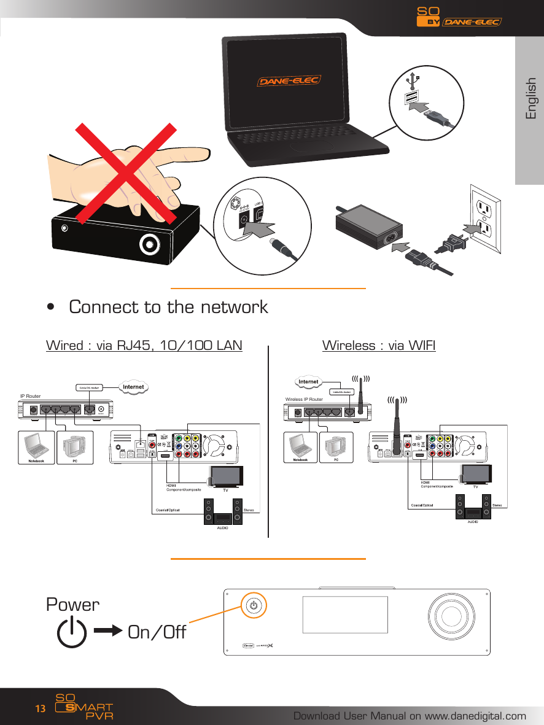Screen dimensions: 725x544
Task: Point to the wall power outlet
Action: click(486, 220)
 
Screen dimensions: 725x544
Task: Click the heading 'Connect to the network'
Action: click(168, 307)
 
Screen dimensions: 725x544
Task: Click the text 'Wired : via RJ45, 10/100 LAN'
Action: click(144, 346)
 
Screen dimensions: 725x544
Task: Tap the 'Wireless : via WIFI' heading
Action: click(379, 346)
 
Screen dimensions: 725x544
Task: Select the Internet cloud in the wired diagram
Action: click(134, 387)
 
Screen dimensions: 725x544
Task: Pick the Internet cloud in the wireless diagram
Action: click(308, 382)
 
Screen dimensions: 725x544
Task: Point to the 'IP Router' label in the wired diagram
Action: click(30, 396)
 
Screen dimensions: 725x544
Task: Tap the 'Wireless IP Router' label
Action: click(304, 400)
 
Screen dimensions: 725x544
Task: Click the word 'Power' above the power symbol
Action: click(72, 605)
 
